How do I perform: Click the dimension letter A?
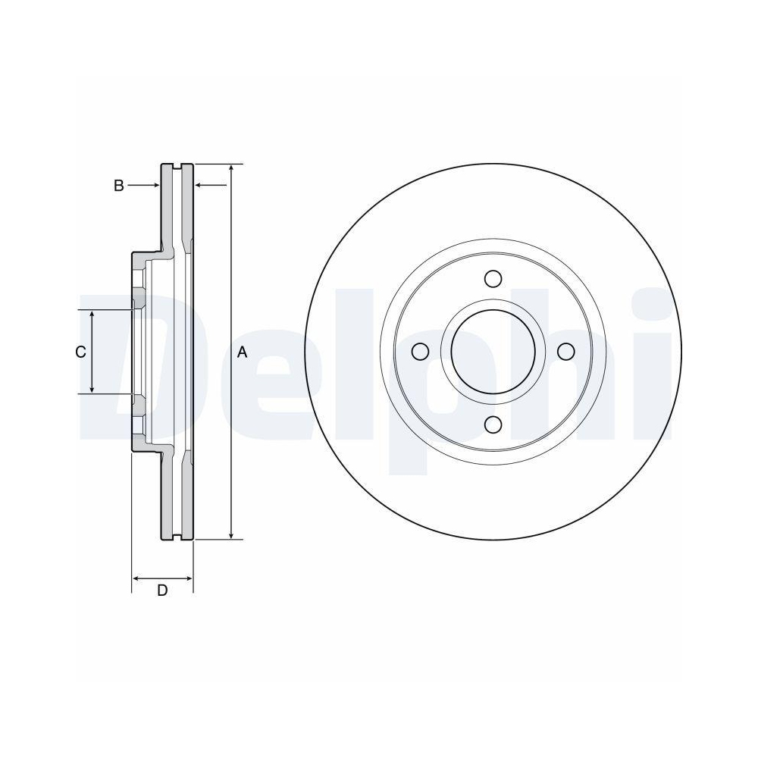point(243,352)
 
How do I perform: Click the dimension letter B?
point(119,185)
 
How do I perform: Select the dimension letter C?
point(80,352)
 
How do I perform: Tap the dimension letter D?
point(162,590)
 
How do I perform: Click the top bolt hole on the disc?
point(493,279)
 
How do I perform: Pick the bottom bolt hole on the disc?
point(493,424)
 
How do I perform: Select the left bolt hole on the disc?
point(420,352)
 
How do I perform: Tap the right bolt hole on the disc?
point(565,352)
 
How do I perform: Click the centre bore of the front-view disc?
point(493,352)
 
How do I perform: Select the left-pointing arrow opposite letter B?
point(200,185)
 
